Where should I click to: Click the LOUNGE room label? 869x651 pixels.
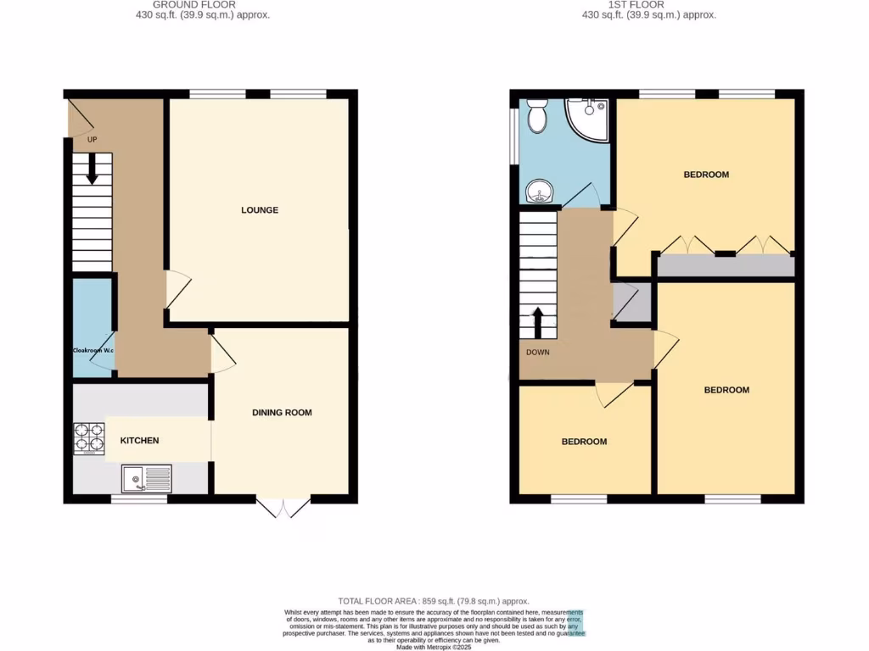click(x=260, y=210)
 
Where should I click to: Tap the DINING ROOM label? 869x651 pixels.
click(x=282, y=413)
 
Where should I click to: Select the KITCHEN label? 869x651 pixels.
click(x=139, y=441)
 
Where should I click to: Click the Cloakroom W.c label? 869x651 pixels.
click(x=93, y=349)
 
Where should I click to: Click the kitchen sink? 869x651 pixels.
click(x=146, y=480)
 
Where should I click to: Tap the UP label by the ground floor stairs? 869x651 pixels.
click(x=93, y=139)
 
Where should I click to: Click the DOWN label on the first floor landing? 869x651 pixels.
click(x=537, y=352)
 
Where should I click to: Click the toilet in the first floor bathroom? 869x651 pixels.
click(x=536, y=116)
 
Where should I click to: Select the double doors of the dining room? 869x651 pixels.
click(x=283, y=507)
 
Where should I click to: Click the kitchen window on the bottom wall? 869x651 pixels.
click(x=139, y=499)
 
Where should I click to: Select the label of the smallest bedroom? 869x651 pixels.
click(x=585, y=442)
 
